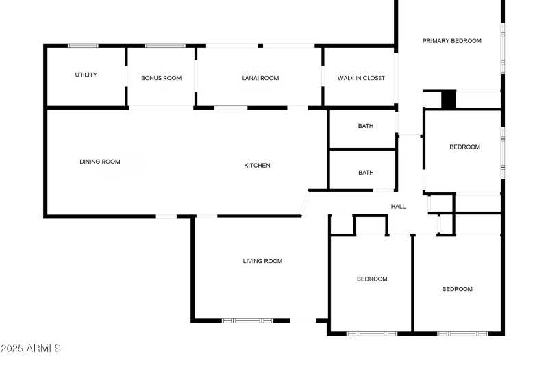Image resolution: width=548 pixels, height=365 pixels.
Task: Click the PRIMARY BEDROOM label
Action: pos(451,41)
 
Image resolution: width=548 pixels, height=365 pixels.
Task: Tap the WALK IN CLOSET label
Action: pos(361,78)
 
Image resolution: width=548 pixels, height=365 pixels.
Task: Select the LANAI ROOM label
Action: pos(260,78)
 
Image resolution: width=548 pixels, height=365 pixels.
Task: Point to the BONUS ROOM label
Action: pos(161,78)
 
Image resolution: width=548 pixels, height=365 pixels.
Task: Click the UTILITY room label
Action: pos(86,75)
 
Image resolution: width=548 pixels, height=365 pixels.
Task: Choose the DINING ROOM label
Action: pos(100,162)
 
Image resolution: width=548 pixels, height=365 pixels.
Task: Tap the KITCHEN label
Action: pos(258,165)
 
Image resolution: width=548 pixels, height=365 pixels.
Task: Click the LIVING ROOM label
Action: pos(262,261)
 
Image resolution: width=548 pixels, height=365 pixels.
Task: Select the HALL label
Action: pos(398,206)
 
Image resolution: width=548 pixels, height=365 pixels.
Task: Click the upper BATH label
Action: pos(366,126)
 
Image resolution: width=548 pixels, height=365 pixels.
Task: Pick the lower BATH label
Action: pos(366,173)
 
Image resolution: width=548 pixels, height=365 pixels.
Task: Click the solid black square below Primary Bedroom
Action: pos(449,99)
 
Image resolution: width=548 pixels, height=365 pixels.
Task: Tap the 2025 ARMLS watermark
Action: pos(31,349)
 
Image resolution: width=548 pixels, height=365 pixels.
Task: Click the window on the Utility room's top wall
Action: pos(83,46)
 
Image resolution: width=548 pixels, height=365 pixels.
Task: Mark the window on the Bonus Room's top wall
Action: pos(164,46)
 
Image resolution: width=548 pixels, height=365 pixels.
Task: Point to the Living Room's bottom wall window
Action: pos(247,320)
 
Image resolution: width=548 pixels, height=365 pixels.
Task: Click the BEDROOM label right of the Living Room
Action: pos(372,279)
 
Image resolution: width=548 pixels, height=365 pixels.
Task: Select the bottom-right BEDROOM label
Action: pos(457,289)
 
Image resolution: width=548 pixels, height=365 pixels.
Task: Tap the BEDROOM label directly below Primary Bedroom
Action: pos(464,147)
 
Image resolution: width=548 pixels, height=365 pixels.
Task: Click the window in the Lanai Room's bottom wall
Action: pos(231,108)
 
